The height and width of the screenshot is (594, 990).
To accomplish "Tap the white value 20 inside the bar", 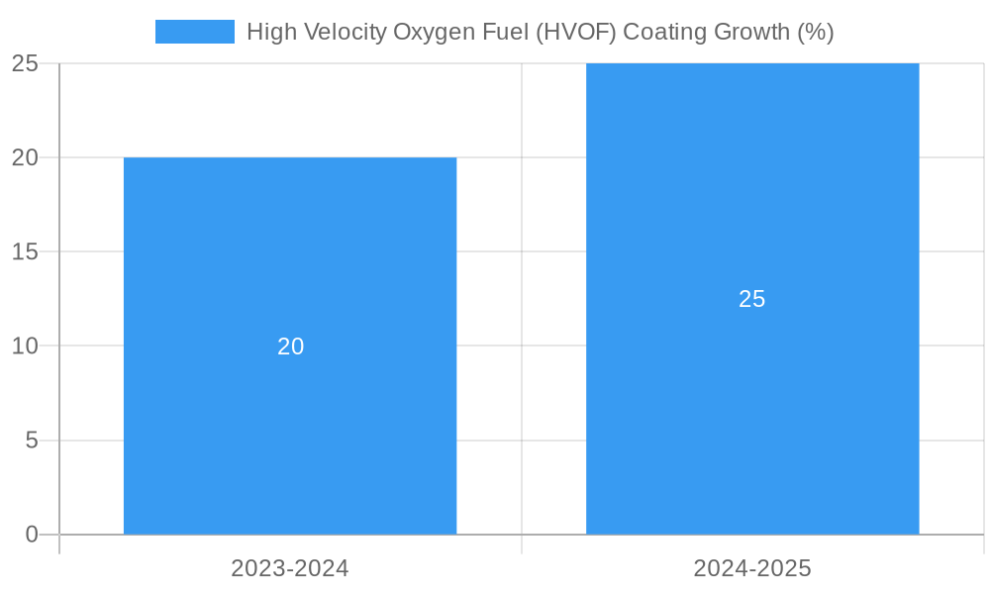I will [x=290, y=346].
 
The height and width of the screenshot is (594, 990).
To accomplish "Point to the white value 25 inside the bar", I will [x=752, y=299].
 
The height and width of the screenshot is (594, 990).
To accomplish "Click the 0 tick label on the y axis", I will [x=31, y=535].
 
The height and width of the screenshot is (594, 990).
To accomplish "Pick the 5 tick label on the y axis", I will [x=31, y=440].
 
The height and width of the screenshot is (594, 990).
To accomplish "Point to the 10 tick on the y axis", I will [x=25, y=346].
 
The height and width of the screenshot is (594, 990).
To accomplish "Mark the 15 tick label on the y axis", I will [x=25, y=251].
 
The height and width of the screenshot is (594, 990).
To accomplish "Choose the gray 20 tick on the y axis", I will [x=25, y=157].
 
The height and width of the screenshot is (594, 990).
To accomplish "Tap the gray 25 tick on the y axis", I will [x=25, y=63].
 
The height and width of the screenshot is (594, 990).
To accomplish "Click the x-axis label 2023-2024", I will [x=290, y=568].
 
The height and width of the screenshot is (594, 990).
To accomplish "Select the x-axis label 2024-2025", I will [x=752, y=568].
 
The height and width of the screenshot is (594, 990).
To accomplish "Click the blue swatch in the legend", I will [x=195, y=32].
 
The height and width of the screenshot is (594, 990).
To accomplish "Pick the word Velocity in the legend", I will [x=343, y=32].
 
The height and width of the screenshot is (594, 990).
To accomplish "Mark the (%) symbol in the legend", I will [x=816, y=32].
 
